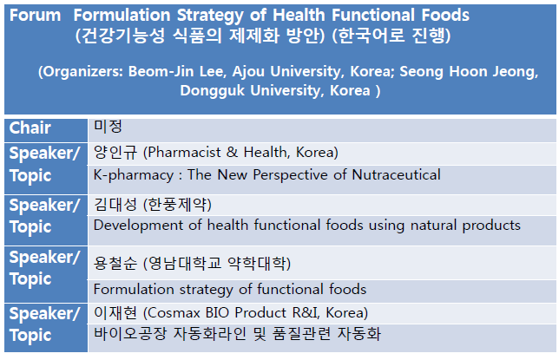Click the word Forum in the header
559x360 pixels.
point(35,16)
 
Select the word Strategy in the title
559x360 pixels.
point(210,16)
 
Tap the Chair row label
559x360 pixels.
point(30,128)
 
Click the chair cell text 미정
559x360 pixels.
point(108,127)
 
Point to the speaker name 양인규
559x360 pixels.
point(115,153)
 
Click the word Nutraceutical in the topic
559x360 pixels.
point(396,175)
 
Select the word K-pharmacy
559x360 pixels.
point(134,175)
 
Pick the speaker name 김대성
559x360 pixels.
point(115,205)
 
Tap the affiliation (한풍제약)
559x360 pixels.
point(177,205)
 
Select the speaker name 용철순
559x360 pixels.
point(115,264)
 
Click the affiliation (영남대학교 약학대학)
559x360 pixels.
point(217,264)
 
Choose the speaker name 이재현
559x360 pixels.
point(115,313)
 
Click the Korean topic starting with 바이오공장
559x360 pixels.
point(237,334)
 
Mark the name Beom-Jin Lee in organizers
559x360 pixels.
point(177,72)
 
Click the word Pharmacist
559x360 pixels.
point(184,153)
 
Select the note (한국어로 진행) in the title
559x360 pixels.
point(391,36)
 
